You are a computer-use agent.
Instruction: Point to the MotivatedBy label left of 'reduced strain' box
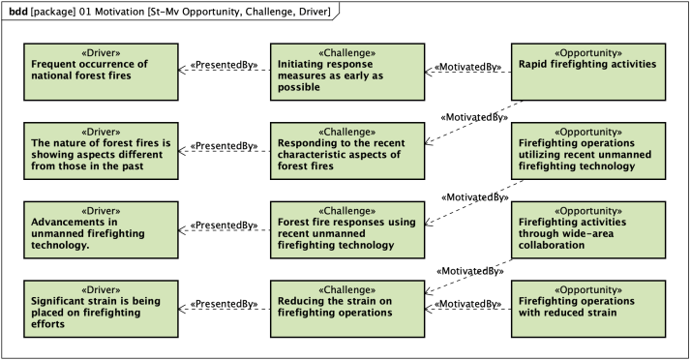pyautogui.click(x=468, y=304)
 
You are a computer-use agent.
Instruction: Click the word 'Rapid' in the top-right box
pyautogui.click(x=538, y=65)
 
